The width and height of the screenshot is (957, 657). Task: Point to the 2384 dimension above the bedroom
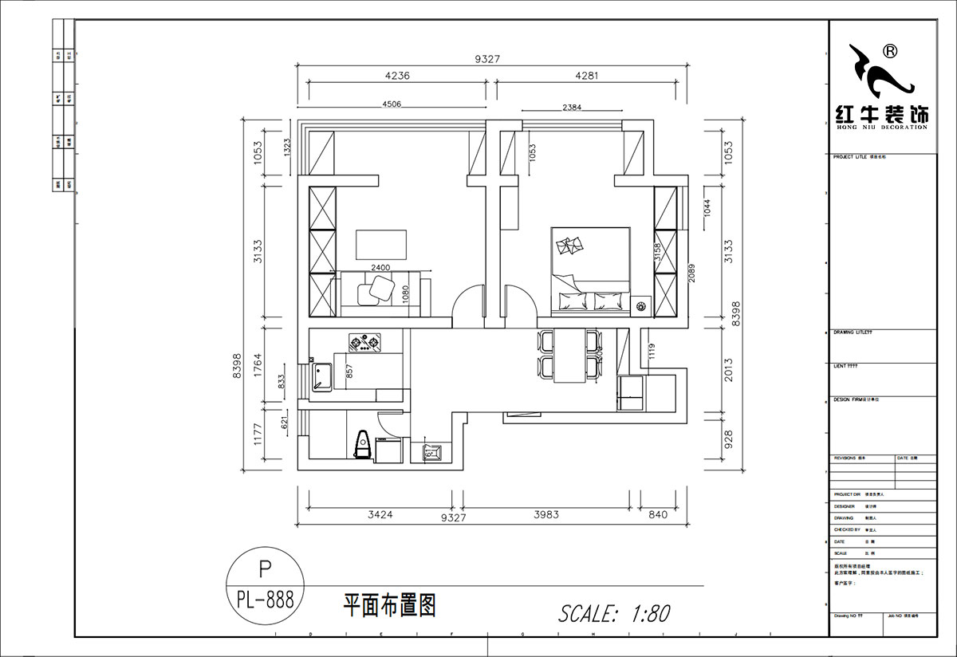pos(577,107)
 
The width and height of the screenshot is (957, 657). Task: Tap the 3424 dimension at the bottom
pos(380,515)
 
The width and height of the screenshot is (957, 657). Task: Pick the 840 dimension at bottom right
pos(658,515)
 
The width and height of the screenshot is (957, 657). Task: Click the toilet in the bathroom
pos(363,445)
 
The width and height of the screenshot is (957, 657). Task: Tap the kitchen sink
pos(323,376)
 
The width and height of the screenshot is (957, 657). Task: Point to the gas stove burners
pos(364,343)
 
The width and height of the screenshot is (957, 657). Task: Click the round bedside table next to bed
pos(641,306)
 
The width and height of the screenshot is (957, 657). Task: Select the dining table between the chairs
pos(569,356)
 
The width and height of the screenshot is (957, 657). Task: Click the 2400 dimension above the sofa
pos(380,268)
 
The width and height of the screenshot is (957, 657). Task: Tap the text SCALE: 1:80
pos(614,613)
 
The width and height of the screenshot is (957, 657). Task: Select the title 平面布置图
pos(389,605)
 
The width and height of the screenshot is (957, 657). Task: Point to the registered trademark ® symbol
pos(890,51)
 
